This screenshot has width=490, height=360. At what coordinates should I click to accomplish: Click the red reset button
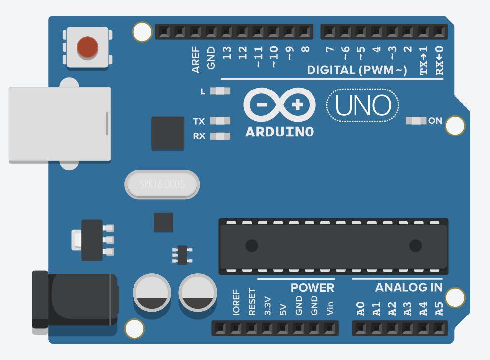click(x=88, y=47)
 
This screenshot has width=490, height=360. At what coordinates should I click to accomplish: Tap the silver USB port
click(x=60, y=125)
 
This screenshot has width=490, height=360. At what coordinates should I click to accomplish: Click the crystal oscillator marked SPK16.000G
click(x=162, y=184)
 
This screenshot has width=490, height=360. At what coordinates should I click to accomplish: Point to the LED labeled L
click(x=220, y=91)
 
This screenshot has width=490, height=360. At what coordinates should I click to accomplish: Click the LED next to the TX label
click(x=220, y=120)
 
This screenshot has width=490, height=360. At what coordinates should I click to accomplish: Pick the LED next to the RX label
click(x=220, y=136)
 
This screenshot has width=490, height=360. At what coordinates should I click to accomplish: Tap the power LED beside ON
click(x=416, y=120)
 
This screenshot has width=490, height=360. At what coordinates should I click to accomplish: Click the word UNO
click(x=363, y=105)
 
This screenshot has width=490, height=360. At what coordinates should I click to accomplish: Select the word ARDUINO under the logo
click(x=280, y=132)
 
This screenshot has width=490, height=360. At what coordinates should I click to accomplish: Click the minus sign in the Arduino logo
click(x=262, y=105)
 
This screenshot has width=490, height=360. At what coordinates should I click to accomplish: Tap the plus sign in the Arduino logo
click(x=297, y=105)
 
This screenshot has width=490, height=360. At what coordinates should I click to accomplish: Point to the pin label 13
click(x=227, y=53)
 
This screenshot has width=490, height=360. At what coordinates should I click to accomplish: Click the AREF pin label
click(x=196, y=60)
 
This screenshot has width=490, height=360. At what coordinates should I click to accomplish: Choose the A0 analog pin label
click(x=360, y=309)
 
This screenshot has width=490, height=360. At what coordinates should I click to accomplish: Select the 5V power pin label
click(x=283, y=310)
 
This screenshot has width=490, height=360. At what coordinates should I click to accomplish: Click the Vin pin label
click(x=330, y=309)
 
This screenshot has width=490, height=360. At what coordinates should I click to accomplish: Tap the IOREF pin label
click(x=236, y=302)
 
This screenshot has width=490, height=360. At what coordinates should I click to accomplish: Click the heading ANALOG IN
click(x=409, y=287)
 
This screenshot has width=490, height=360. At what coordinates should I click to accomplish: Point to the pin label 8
click(x=305, y=49)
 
